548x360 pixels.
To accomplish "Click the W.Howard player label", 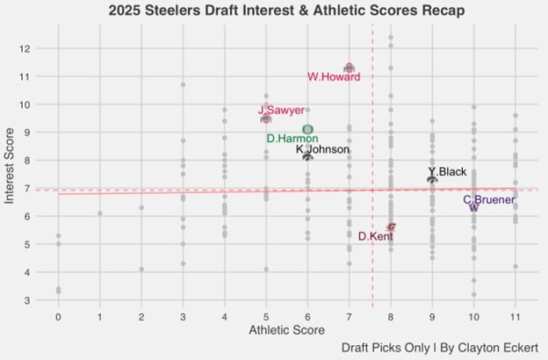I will coord(334,77).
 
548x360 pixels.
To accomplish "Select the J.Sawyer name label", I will coord(281,111).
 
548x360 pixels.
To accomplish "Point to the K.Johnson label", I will coord(322,150).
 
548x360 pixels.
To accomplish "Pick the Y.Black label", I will coord(447,172).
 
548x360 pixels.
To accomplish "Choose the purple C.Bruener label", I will coord(488,200).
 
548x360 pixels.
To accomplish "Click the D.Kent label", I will coord(375,236).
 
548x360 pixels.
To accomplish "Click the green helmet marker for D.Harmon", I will coord(307,129).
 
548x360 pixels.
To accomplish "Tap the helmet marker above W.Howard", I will coord(349,68).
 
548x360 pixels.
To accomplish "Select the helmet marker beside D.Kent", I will coord(391,227).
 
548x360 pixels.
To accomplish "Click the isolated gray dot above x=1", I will coord(100,213).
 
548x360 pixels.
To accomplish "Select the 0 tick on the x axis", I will coord(58,316).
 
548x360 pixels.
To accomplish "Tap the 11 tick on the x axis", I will coord(515,316).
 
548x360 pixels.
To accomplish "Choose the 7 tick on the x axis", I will coord(349,316).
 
